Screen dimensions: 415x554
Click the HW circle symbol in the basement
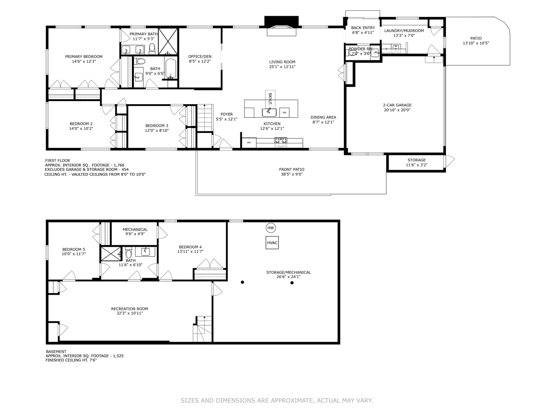click(x=271, y=228)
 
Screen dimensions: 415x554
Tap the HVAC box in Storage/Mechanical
click(x=272, y=242)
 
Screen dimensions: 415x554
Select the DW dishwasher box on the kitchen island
click(x=284, y=112)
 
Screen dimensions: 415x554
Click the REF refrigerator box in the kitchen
click(x=249, y=143)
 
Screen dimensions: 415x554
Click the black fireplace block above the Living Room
click(x=281, y=21)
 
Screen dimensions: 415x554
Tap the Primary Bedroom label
click(x=84, y=56)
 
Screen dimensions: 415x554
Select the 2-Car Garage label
click(x=397, y=105)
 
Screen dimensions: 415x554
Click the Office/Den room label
click(x=200, y=56)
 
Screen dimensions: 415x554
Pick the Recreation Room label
click(x=129, y=309)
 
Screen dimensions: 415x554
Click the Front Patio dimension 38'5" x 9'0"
click(x=292, y=174)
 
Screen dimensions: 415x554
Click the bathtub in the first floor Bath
click(x=170, y=68)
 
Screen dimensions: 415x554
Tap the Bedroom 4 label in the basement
click(x=190, y=247)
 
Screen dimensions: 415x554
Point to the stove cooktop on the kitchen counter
click(x=280, y=143)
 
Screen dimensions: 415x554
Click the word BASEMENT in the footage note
click(x=56, y=352)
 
